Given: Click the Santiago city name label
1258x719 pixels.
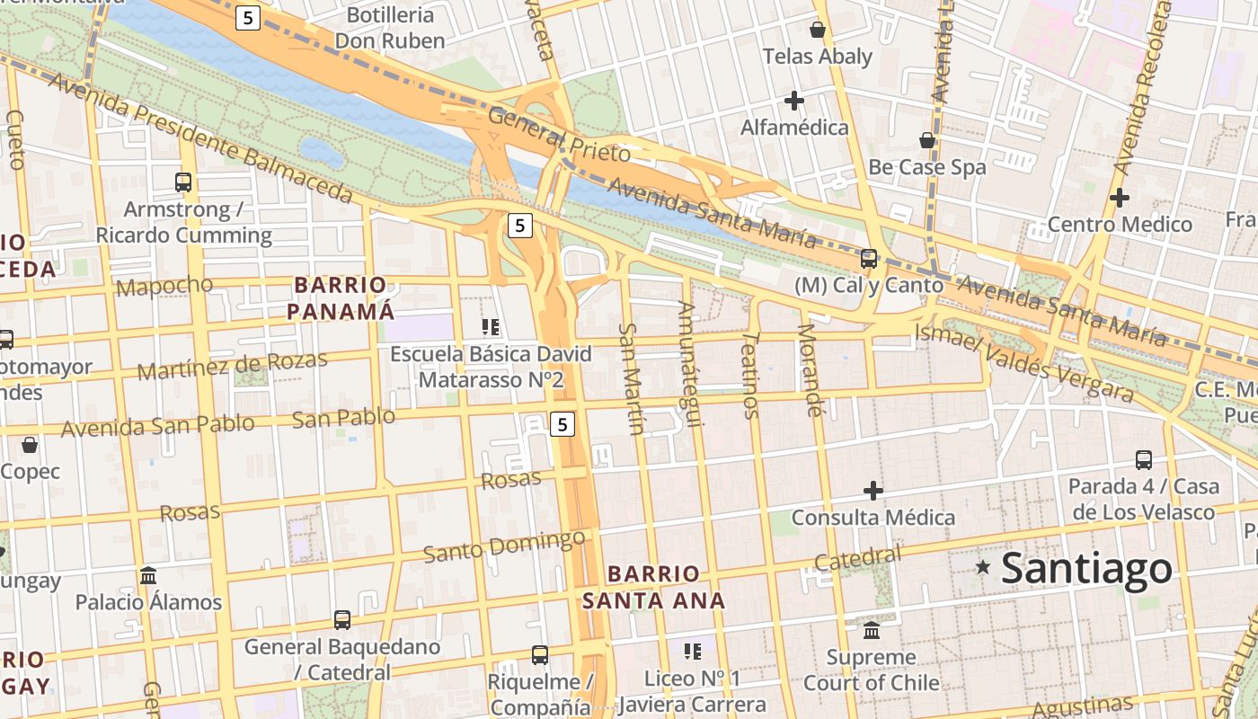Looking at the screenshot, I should [x=1086, y=568].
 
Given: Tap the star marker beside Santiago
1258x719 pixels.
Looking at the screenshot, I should [x=984, y=567].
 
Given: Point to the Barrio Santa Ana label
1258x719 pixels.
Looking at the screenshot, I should [x=653, y=587].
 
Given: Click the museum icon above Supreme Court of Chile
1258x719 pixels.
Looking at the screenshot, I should [x=872, y=630].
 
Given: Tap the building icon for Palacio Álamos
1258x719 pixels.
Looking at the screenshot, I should [x=148, y=575].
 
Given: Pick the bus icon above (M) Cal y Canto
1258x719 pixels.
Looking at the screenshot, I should [x=868, y=259].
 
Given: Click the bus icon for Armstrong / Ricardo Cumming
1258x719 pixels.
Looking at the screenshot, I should [x=183, y=182].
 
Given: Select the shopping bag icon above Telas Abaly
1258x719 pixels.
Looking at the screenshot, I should [x=818, y=30].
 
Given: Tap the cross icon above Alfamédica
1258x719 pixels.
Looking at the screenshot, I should [x=793, y=100].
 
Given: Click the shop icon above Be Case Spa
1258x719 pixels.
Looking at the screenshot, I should [x=926, y=140].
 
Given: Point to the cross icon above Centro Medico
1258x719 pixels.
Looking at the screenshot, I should [x=1119, y=198].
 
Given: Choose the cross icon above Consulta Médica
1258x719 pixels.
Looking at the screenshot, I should [x=873, y=491].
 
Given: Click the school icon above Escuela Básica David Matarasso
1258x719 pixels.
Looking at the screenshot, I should [x=491, y=326].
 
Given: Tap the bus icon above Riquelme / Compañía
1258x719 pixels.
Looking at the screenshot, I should [x=539, y=655].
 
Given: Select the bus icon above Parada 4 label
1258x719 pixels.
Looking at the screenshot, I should [x=1143, y=460].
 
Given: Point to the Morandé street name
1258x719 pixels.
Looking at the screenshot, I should [x=811, y=370].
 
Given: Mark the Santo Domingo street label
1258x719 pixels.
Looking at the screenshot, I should [x=504, y=546].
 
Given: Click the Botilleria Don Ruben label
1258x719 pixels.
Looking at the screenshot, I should [x=390, y=28].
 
